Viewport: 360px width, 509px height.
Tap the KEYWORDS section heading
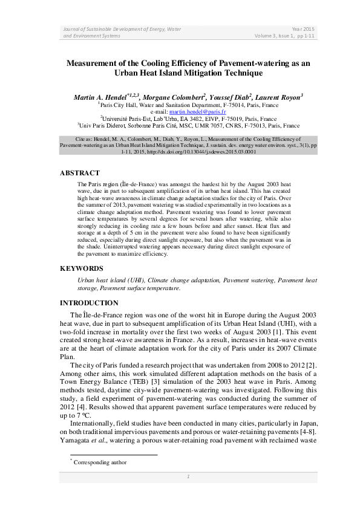coord(81,268)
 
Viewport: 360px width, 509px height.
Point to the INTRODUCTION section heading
coord(89,303)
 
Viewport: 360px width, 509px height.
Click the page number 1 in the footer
coord(188,476)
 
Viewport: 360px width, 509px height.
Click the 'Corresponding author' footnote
coord(99,462)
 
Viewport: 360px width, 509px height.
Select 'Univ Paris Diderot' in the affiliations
coord(101,126)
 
